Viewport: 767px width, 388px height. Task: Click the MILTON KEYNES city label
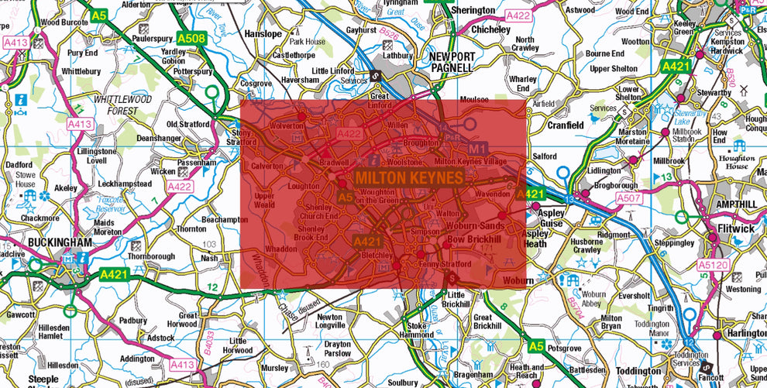click(409, 178)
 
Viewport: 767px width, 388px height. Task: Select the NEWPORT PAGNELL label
click(450, 63)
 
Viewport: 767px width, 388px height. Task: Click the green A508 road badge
click(191, 39)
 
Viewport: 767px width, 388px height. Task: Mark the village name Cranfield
click(566, 125)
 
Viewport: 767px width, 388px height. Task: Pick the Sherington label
click(473, 11)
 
